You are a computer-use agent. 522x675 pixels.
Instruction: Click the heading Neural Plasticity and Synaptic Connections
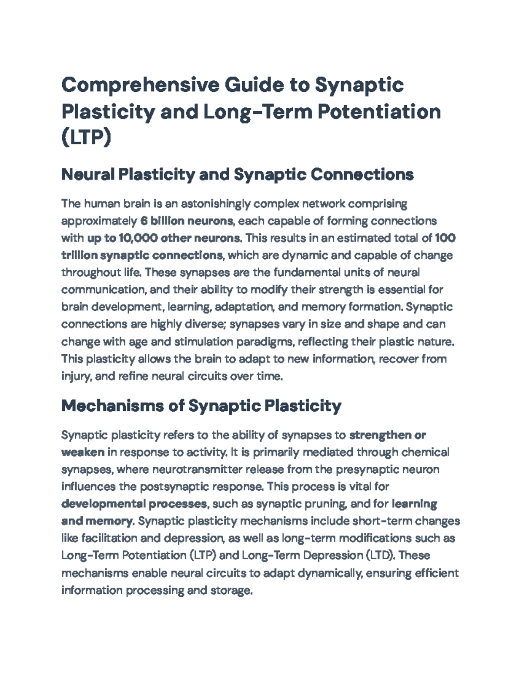point(238,175)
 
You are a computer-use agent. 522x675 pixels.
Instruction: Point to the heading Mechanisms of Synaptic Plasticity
point(201,406)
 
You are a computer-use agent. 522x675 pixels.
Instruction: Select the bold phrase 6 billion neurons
point(187,221)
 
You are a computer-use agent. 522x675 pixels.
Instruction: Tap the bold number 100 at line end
point(445,238)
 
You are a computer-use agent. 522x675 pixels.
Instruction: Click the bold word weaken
point(83,452)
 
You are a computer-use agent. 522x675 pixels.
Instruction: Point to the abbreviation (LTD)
point(380,555)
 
